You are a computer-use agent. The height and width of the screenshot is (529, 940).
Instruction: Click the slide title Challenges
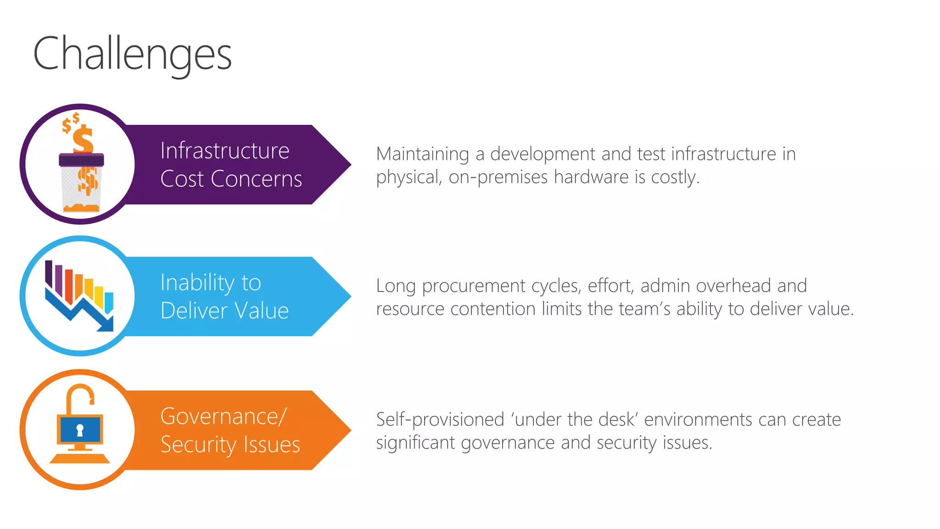coord(132,54)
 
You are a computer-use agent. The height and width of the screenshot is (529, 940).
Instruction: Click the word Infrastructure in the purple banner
coord(224,151)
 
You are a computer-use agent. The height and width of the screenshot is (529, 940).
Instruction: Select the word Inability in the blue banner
coord(198,283)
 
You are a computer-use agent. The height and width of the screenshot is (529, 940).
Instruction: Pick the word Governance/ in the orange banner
coord(224,416)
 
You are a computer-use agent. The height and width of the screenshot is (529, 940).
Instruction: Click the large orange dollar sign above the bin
coord(83,140)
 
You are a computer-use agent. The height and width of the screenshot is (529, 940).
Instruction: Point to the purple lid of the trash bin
coord(81,160)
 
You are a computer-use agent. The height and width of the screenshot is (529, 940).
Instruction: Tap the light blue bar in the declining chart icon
coord(109,302)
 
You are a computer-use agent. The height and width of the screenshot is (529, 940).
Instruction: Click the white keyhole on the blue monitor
coord(80,430)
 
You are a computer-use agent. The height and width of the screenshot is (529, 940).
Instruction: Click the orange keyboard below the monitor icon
coord(80,458)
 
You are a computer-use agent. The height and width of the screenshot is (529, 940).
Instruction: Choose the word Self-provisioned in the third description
coord(440,420)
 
